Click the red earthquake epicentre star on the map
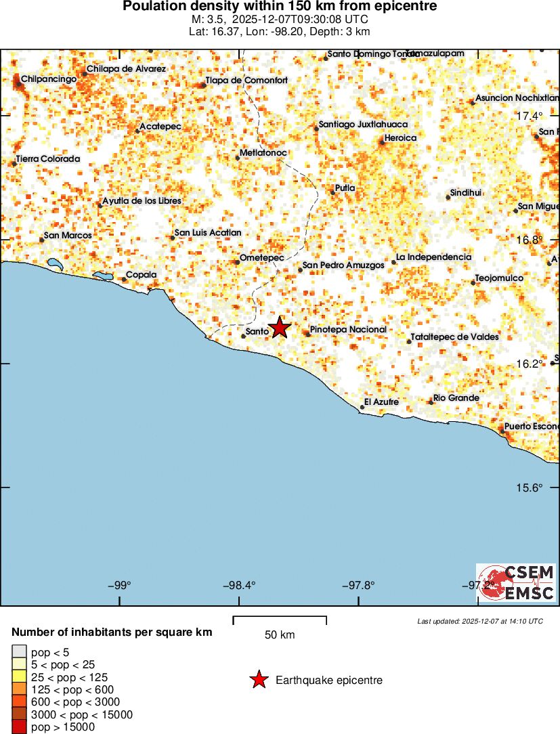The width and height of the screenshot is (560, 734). point(280,328)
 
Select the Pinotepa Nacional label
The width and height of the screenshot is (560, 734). point(348,330)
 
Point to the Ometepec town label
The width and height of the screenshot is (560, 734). point(261,258)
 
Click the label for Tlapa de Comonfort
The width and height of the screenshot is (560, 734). point(247,81)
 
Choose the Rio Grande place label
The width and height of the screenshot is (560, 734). point(456,398)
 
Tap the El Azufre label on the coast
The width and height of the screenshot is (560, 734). point(381,403)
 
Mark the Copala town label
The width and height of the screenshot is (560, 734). point(142,275)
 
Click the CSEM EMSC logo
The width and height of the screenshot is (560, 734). point(516,582)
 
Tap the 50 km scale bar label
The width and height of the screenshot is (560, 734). point(280,635)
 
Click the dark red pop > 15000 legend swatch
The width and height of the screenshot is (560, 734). point(19,727)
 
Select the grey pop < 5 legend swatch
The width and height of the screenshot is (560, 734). point(19,652)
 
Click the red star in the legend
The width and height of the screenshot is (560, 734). point(259,680)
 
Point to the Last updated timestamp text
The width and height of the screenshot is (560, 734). point(480,621)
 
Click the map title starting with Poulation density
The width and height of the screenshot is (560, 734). point(280,7)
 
